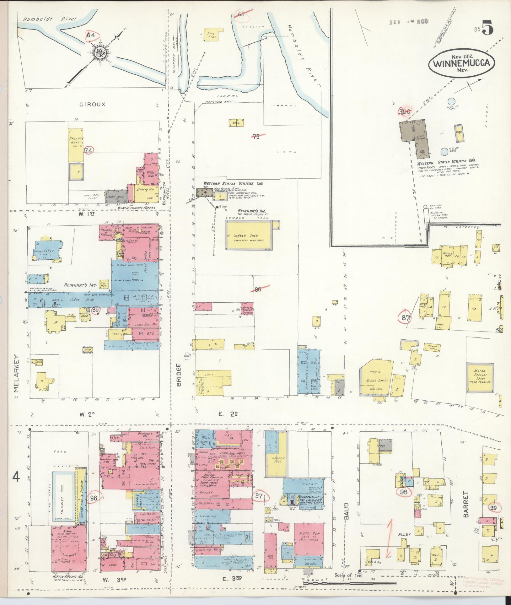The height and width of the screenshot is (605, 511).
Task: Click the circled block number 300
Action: (x=405, y=111)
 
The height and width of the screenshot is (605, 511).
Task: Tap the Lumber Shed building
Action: (x=250, y=235)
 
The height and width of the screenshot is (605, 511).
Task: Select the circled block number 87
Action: (x=406, y=318)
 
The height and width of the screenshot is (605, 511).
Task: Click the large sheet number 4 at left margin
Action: (x=16, y=486)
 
